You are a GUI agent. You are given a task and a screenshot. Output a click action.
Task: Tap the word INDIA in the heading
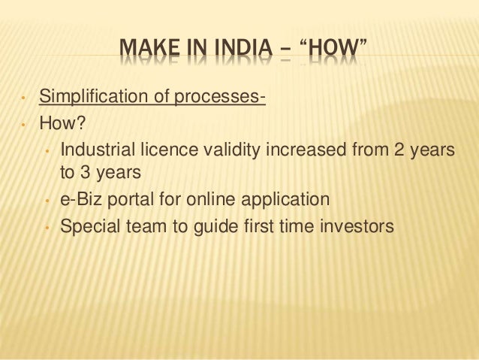[239, 55]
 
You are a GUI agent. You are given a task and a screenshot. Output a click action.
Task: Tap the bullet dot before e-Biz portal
[47, 201]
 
